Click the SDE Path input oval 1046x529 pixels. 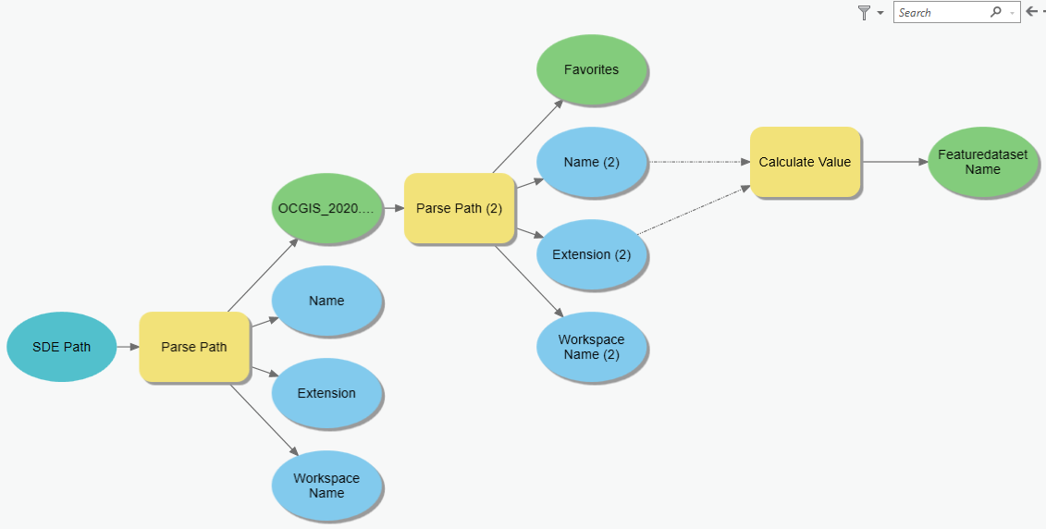coord(61,347)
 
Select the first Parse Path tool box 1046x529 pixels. coord(194,347)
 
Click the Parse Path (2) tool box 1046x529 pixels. coord(459,208)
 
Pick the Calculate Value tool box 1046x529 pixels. coord(805,162)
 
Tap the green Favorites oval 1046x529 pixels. coord(591,69)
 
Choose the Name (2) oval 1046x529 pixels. coord(591,162)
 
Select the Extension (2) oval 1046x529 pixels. coord(591,254)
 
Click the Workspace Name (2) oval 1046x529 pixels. coord(591,347)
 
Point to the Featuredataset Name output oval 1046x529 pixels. coord(982,162)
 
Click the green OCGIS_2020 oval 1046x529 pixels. coord(326,208)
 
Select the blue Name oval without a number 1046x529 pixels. coord(326,301)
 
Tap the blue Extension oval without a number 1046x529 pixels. coord(326,393)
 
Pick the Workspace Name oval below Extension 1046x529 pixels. coord(326,486)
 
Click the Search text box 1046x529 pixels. coord(939,12)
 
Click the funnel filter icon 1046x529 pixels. coord(864,12)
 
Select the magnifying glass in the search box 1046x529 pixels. coord(995,12)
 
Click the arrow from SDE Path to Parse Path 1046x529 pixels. coord(128,347)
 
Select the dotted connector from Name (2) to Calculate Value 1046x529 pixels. coord(698,162)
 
